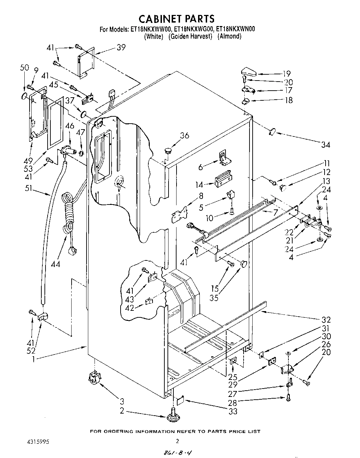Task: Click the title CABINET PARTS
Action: coord(177,18)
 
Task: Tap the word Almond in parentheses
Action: coord(229,36)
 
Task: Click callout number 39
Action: coord(121,48)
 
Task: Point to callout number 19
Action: coord(286,74)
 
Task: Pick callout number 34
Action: coord(325,144)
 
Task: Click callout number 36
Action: coord(185,135)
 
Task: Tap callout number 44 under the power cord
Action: coord(55,264)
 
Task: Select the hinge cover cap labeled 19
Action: coord(248,72)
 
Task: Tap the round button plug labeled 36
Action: coord(169,151)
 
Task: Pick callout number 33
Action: coord(232,411)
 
